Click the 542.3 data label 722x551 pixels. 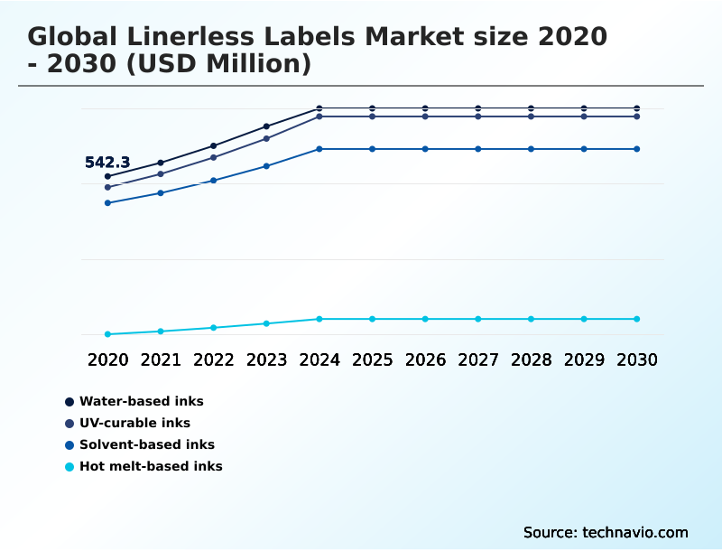coord(107,163)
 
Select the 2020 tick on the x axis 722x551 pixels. coord(107,360)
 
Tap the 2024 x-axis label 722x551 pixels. coord(319,360)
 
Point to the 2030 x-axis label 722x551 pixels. coord(636,360)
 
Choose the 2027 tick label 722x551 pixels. coord(478,360)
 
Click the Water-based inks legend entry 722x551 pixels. coord(141,401)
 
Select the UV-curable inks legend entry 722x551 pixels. coord(134,423)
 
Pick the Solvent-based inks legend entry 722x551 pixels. coord(146,444)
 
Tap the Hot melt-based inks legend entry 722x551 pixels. coord(151,466)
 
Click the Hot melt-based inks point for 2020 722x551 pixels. coord(107,334)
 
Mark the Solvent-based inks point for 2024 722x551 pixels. coord(319,149)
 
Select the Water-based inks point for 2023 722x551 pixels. coord(266,126)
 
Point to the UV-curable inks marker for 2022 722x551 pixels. coord(214,157)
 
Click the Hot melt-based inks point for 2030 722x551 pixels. coord(636,319)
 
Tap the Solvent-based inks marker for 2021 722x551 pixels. coord(161,193)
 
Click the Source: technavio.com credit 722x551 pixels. coord(606,532)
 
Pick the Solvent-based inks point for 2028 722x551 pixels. coord(531,149)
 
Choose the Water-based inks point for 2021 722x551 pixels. coord(161,163)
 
